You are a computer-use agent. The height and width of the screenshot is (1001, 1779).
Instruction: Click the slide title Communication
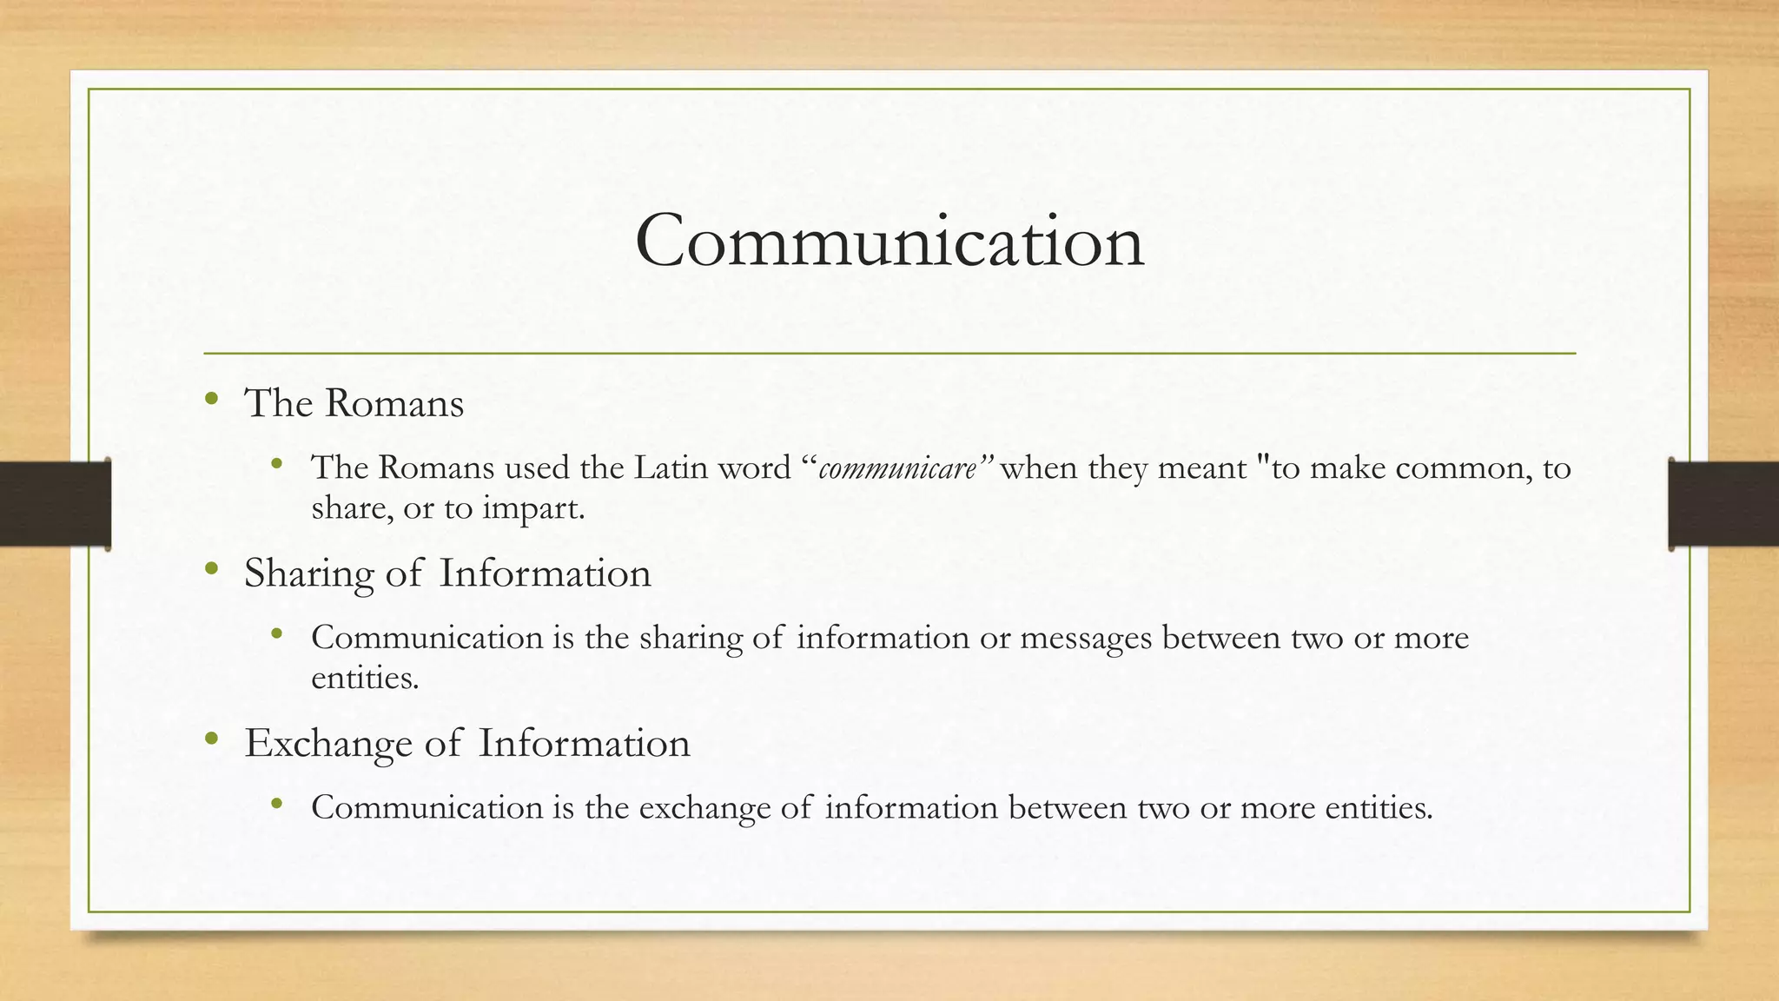(889, 242)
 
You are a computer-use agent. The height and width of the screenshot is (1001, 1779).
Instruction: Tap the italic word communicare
(897, 469)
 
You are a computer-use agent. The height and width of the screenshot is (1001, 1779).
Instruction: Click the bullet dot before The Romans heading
(211, 400)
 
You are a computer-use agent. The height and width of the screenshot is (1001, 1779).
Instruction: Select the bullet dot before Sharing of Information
(211, 570)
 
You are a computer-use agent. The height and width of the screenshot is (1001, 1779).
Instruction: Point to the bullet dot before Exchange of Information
(211, 739)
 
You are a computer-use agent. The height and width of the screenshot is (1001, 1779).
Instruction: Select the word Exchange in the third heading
(327, 744)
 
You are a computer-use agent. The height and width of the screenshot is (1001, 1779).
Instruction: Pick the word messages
(1086, 639)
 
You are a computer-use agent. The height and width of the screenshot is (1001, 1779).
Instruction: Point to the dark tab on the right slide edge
(1723, 503)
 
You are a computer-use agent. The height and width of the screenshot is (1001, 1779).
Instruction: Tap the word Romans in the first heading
(394, 404)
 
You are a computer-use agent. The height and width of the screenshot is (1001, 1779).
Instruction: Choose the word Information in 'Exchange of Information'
(584, 744)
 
